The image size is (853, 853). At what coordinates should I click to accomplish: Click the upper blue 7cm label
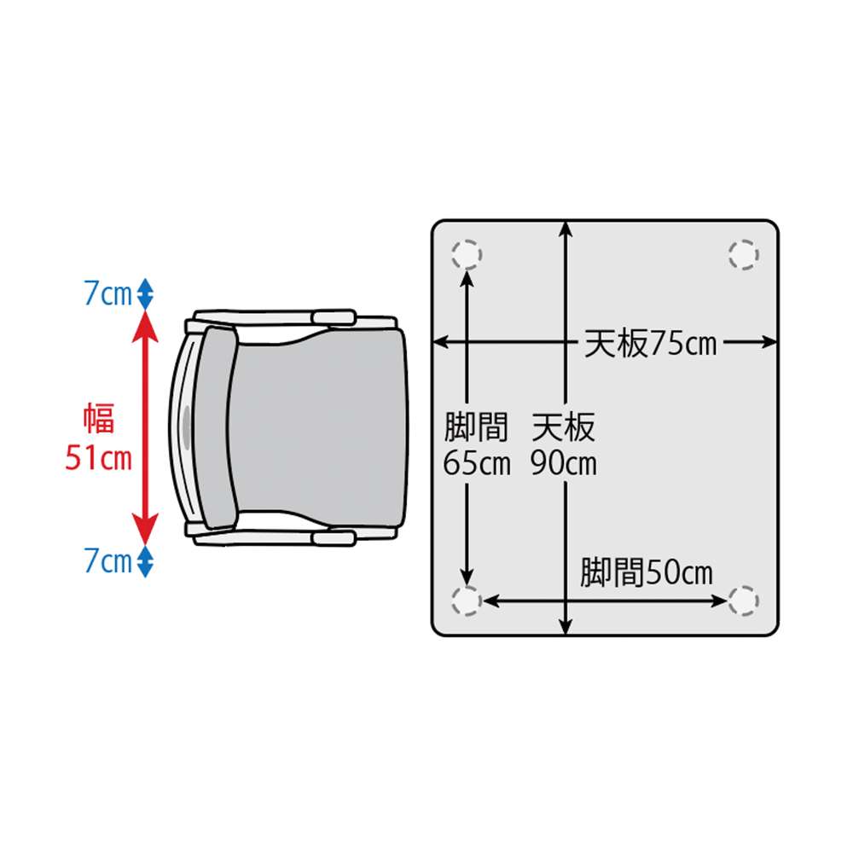(107, 293)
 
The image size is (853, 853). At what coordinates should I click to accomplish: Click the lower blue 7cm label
(107, 561)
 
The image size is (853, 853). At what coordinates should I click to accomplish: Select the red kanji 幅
(99, 418)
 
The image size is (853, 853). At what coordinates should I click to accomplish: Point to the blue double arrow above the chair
(145, 293)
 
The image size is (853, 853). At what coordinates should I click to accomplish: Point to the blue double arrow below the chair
(145, 561)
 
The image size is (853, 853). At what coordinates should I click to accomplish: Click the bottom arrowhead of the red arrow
(145, 529)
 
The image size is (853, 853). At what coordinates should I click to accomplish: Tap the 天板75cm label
(650, 343)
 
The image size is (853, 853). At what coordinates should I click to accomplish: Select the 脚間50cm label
(647, 572)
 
